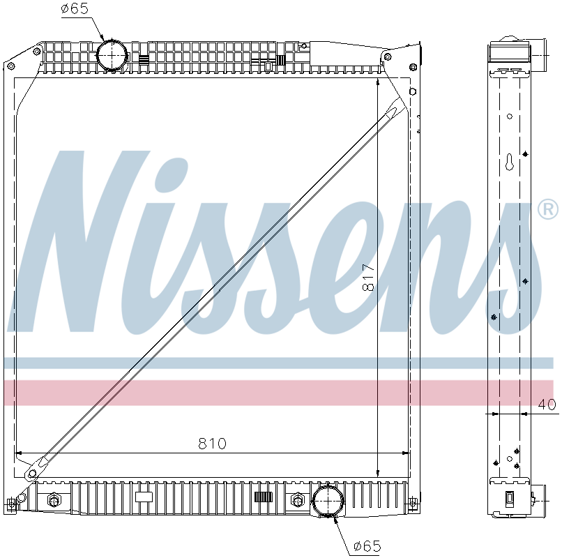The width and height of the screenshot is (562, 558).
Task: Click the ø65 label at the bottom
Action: click(x=367, y=545)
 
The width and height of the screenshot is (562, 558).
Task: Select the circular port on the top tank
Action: click(x=111, y=54)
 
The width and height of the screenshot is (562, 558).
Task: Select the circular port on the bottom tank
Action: click(x=328, y=500)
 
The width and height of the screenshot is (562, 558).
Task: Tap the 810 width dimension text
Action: click(x=212, y=443)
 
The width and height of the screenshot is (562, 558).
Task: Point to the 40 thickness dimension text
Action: click(x=547, y=404)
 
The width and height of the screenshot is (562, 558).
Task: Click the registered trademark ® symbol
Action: click(x=548, y=209)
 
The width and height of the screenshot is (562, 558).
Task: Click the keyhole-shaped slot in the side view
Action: click(x=510, y=162)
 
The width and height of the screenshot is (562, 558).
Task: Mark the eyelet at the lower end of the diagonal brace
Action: click(x=31, y=474)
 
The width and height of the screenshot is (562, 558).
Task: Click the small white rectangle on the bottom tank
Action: click(x=144, y=497)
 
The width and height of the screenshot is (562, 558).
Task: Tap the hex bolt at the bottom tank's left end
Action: click(x=54, y=500)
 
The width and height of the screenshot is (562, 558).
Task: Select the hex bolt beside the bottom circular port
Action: click(x=298, y=499)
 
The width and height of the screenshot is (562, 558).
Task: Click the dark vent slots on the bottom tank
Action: click(x=263, y=497)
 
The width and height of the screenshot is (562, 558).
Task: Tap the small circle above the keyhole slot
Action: click(x=510, y=116)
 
